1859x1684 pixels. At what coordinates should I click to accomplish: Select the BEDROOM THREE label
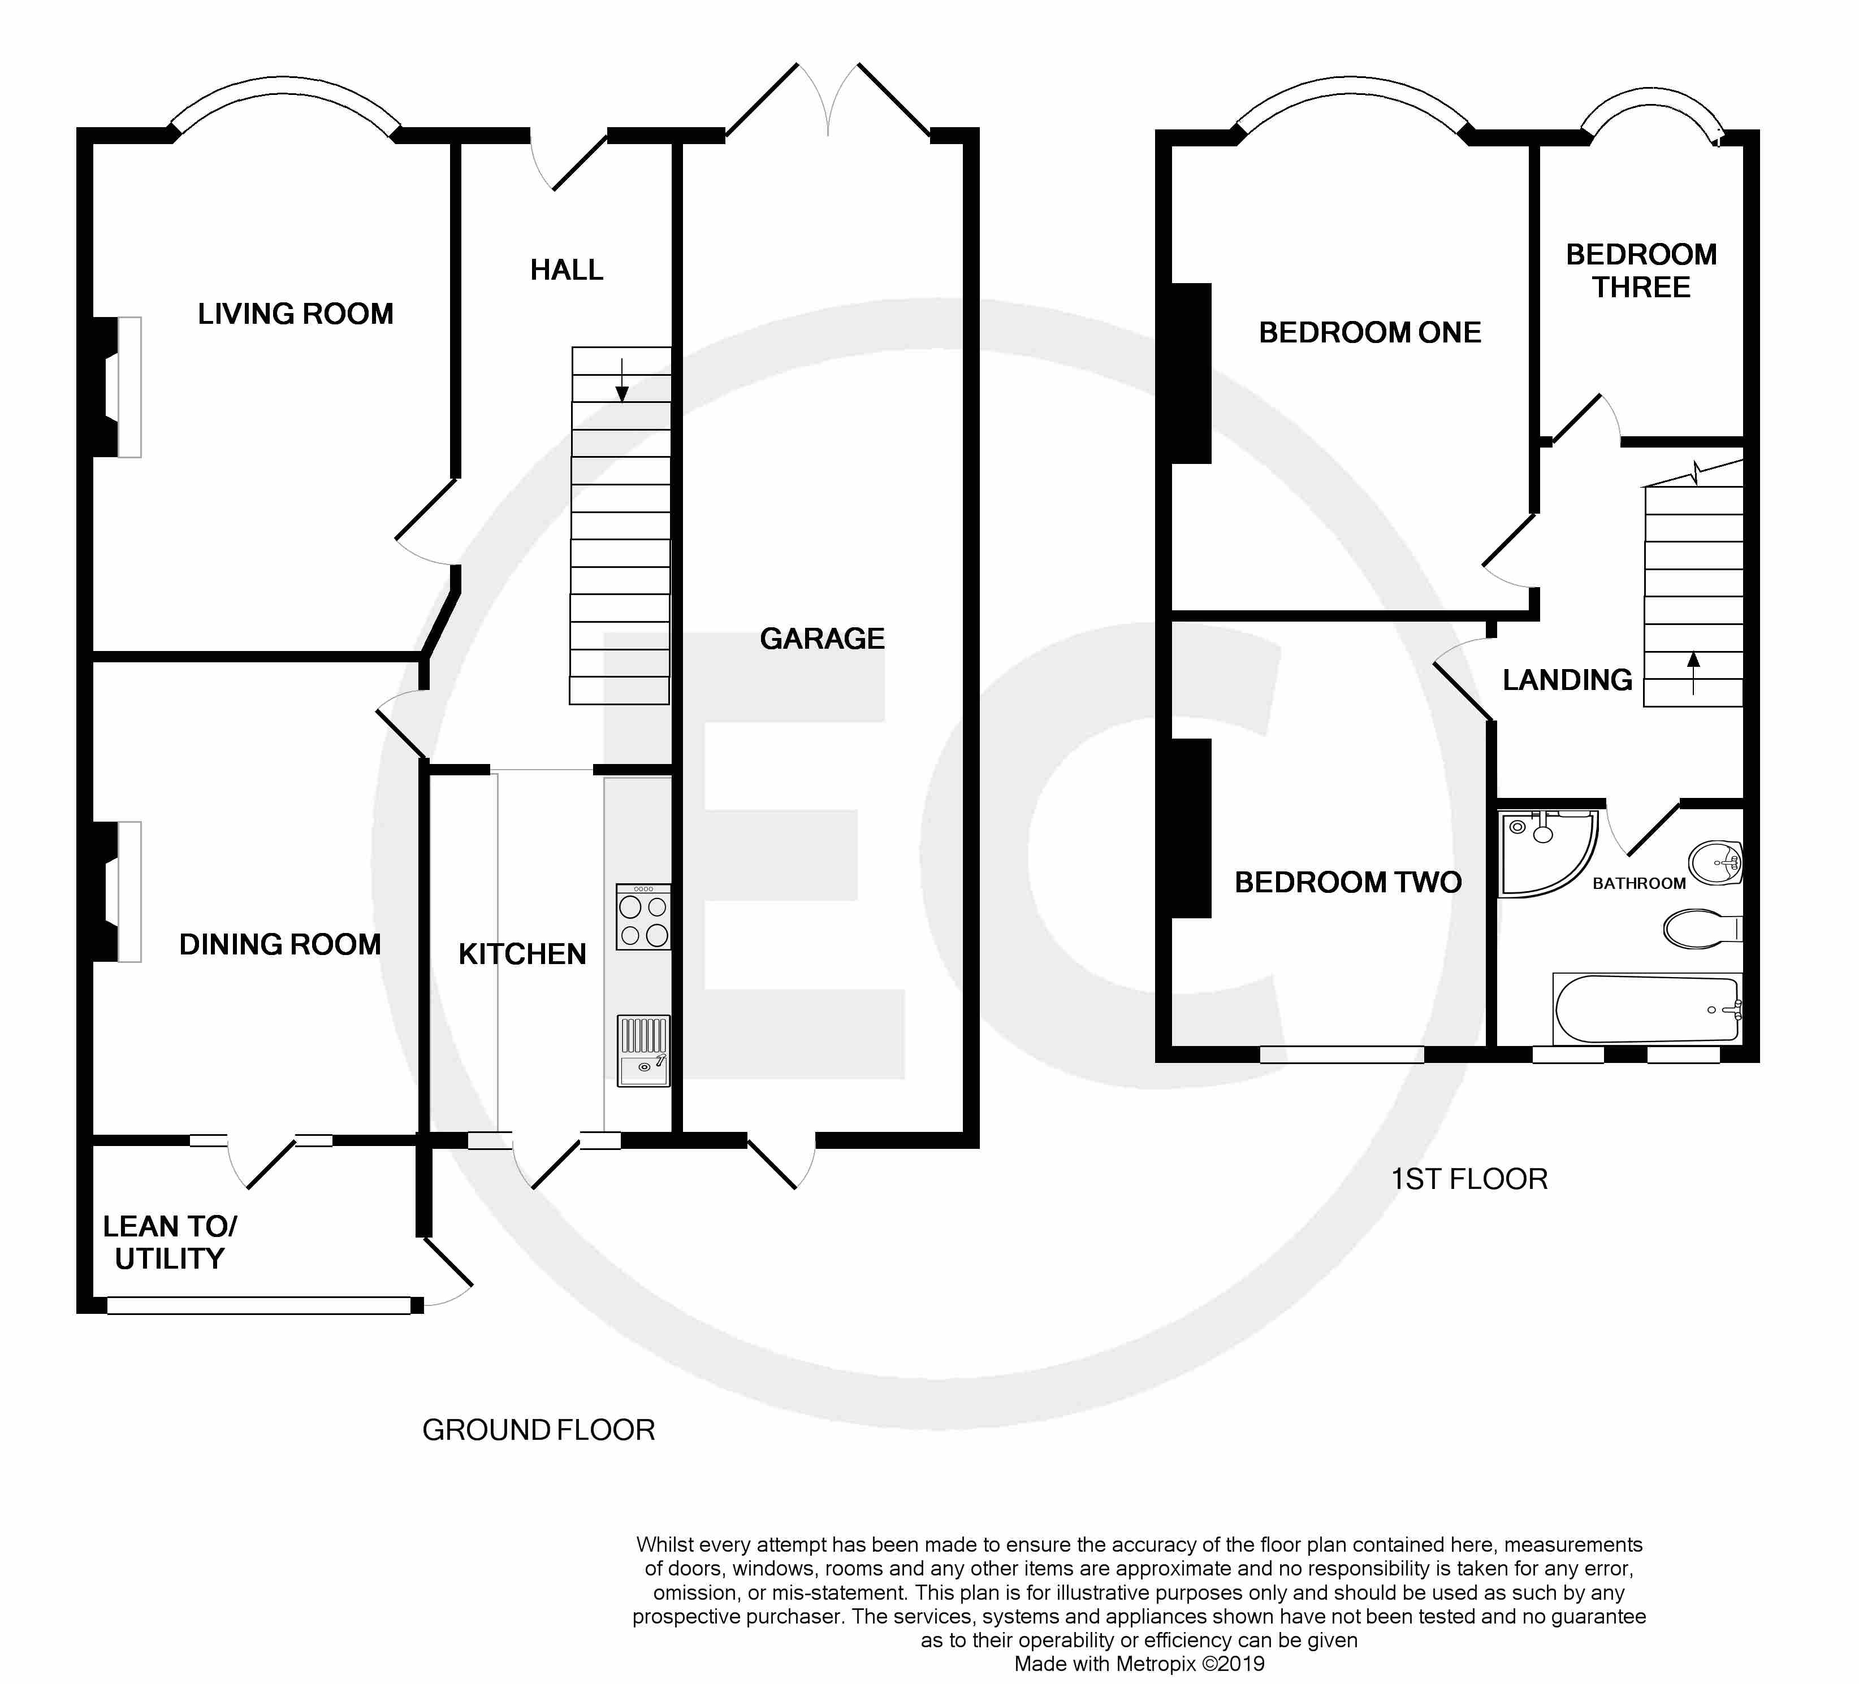coord(1641,271)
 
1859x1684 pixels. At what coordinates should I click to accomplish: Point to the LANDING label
coord(1568,680)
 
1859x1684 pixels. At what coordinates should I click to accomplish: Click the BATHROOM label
coord(1638,883)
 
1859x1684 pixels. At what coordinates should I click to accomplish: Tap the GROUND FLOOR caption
coord(538,1430)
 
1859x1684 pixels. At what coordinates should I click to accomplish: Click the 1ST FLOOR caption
coord(1469,1179)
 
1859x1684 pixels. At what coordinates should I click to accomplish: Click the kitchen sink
coord(643,1051)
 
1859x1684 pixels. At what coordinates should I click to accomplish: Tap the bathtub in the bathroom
coord(1648,1008)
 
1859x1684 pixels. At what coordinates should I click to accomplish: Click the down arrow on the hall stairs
coord(621,380)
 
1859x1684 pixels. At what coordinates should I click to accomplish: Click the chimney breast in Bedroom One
coord(1191,374)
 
